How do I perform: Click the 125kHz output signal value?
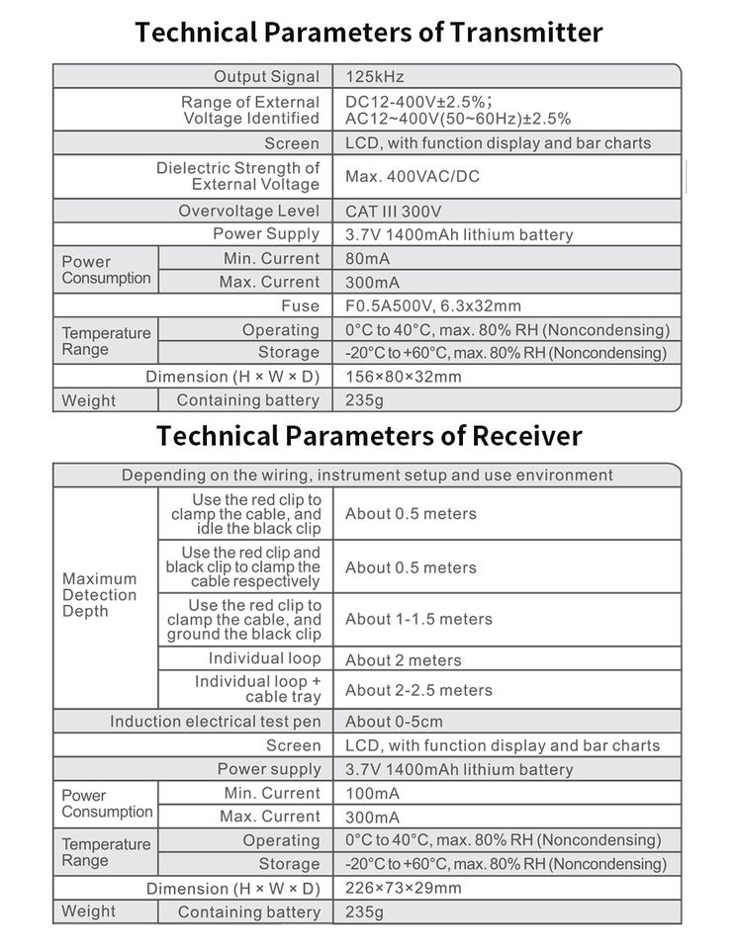click(x=375, y=77)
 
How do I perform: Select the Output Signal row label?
click(x=266, y=77)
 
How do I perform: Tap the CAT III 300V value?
click(x=393, y=212)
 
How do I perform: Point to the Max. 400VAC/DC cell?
click(x=412, y=178)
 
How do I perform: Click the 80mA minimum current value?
click(x=367, y=259)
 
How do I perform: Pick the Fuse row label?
click(x=300, y=306)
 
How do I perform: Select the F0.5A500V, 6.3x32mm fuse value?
click(x=433, y=306)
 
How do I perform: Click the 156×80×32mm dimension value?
click(x=404, y=377)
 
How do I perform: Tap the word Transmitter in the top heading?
click(x=525, y=32)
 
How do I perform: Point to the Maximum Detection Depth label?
click(x=100, y=595)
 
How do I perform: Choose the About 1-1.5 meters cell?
click(x=418, y=620)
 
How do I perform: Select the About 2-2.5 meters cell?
click(x=418, y=690)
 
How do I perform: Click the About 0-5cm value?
click(x=394, y=722)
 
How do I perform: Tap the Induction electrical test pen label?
click(x=215, y=722)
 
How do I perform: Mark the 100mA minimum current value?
click(x=372, y=794)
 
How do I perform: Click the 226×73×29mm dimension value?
click(x=404, y=888)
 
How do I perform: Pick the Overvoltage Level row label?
click(x=249, y=212)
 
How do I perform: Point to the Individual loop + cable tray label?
click(x=257, y=689)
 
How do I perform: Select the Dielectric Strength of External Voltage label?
click(x=237, y=176)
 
